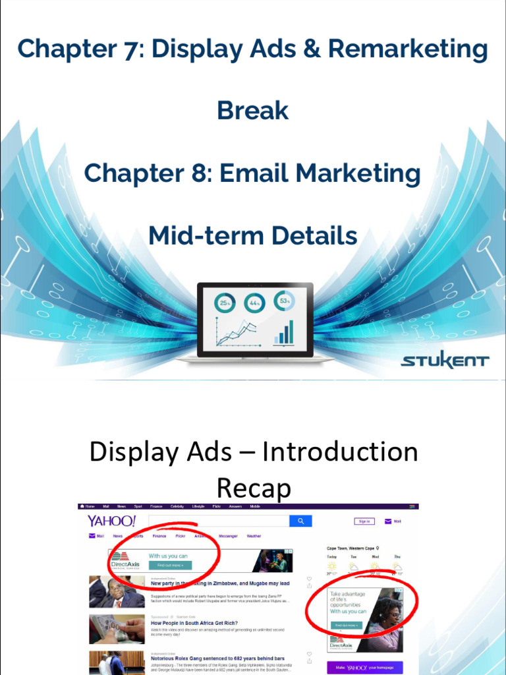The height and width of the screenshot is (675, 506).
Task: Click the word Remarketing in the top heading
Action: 408,49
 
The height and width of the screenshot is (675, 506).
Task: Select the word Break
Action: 253,111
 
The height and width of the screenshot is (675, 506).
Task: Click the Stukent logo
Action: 445,361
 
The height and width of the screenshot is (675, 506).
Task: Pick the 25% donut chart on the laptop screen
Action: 225,303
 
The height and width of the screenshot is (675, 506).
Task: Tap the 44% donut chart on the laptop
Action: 254,303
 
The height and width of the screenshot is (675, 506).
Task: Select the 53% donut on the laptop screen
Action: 284,301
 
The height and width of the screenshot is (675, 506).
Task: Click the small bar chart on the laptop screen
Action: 285,333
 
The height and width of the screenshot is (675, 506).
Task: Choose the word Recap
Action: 254,488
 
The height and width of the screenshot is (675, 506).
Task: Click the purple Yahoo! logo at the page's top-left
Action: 112,521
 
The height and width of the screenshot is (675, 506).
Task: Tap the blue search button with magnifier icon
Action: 300,521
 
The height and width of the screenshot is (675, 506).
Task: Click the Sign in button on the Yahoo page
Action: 364,521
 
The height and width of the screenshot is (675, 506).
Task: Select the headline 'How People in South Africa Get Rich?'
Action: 194,623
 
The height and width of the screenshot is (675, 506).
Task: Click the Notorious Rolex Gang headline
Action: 217,659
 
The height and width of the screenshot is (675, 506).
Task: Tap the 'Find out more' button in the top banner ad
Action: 169,566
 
